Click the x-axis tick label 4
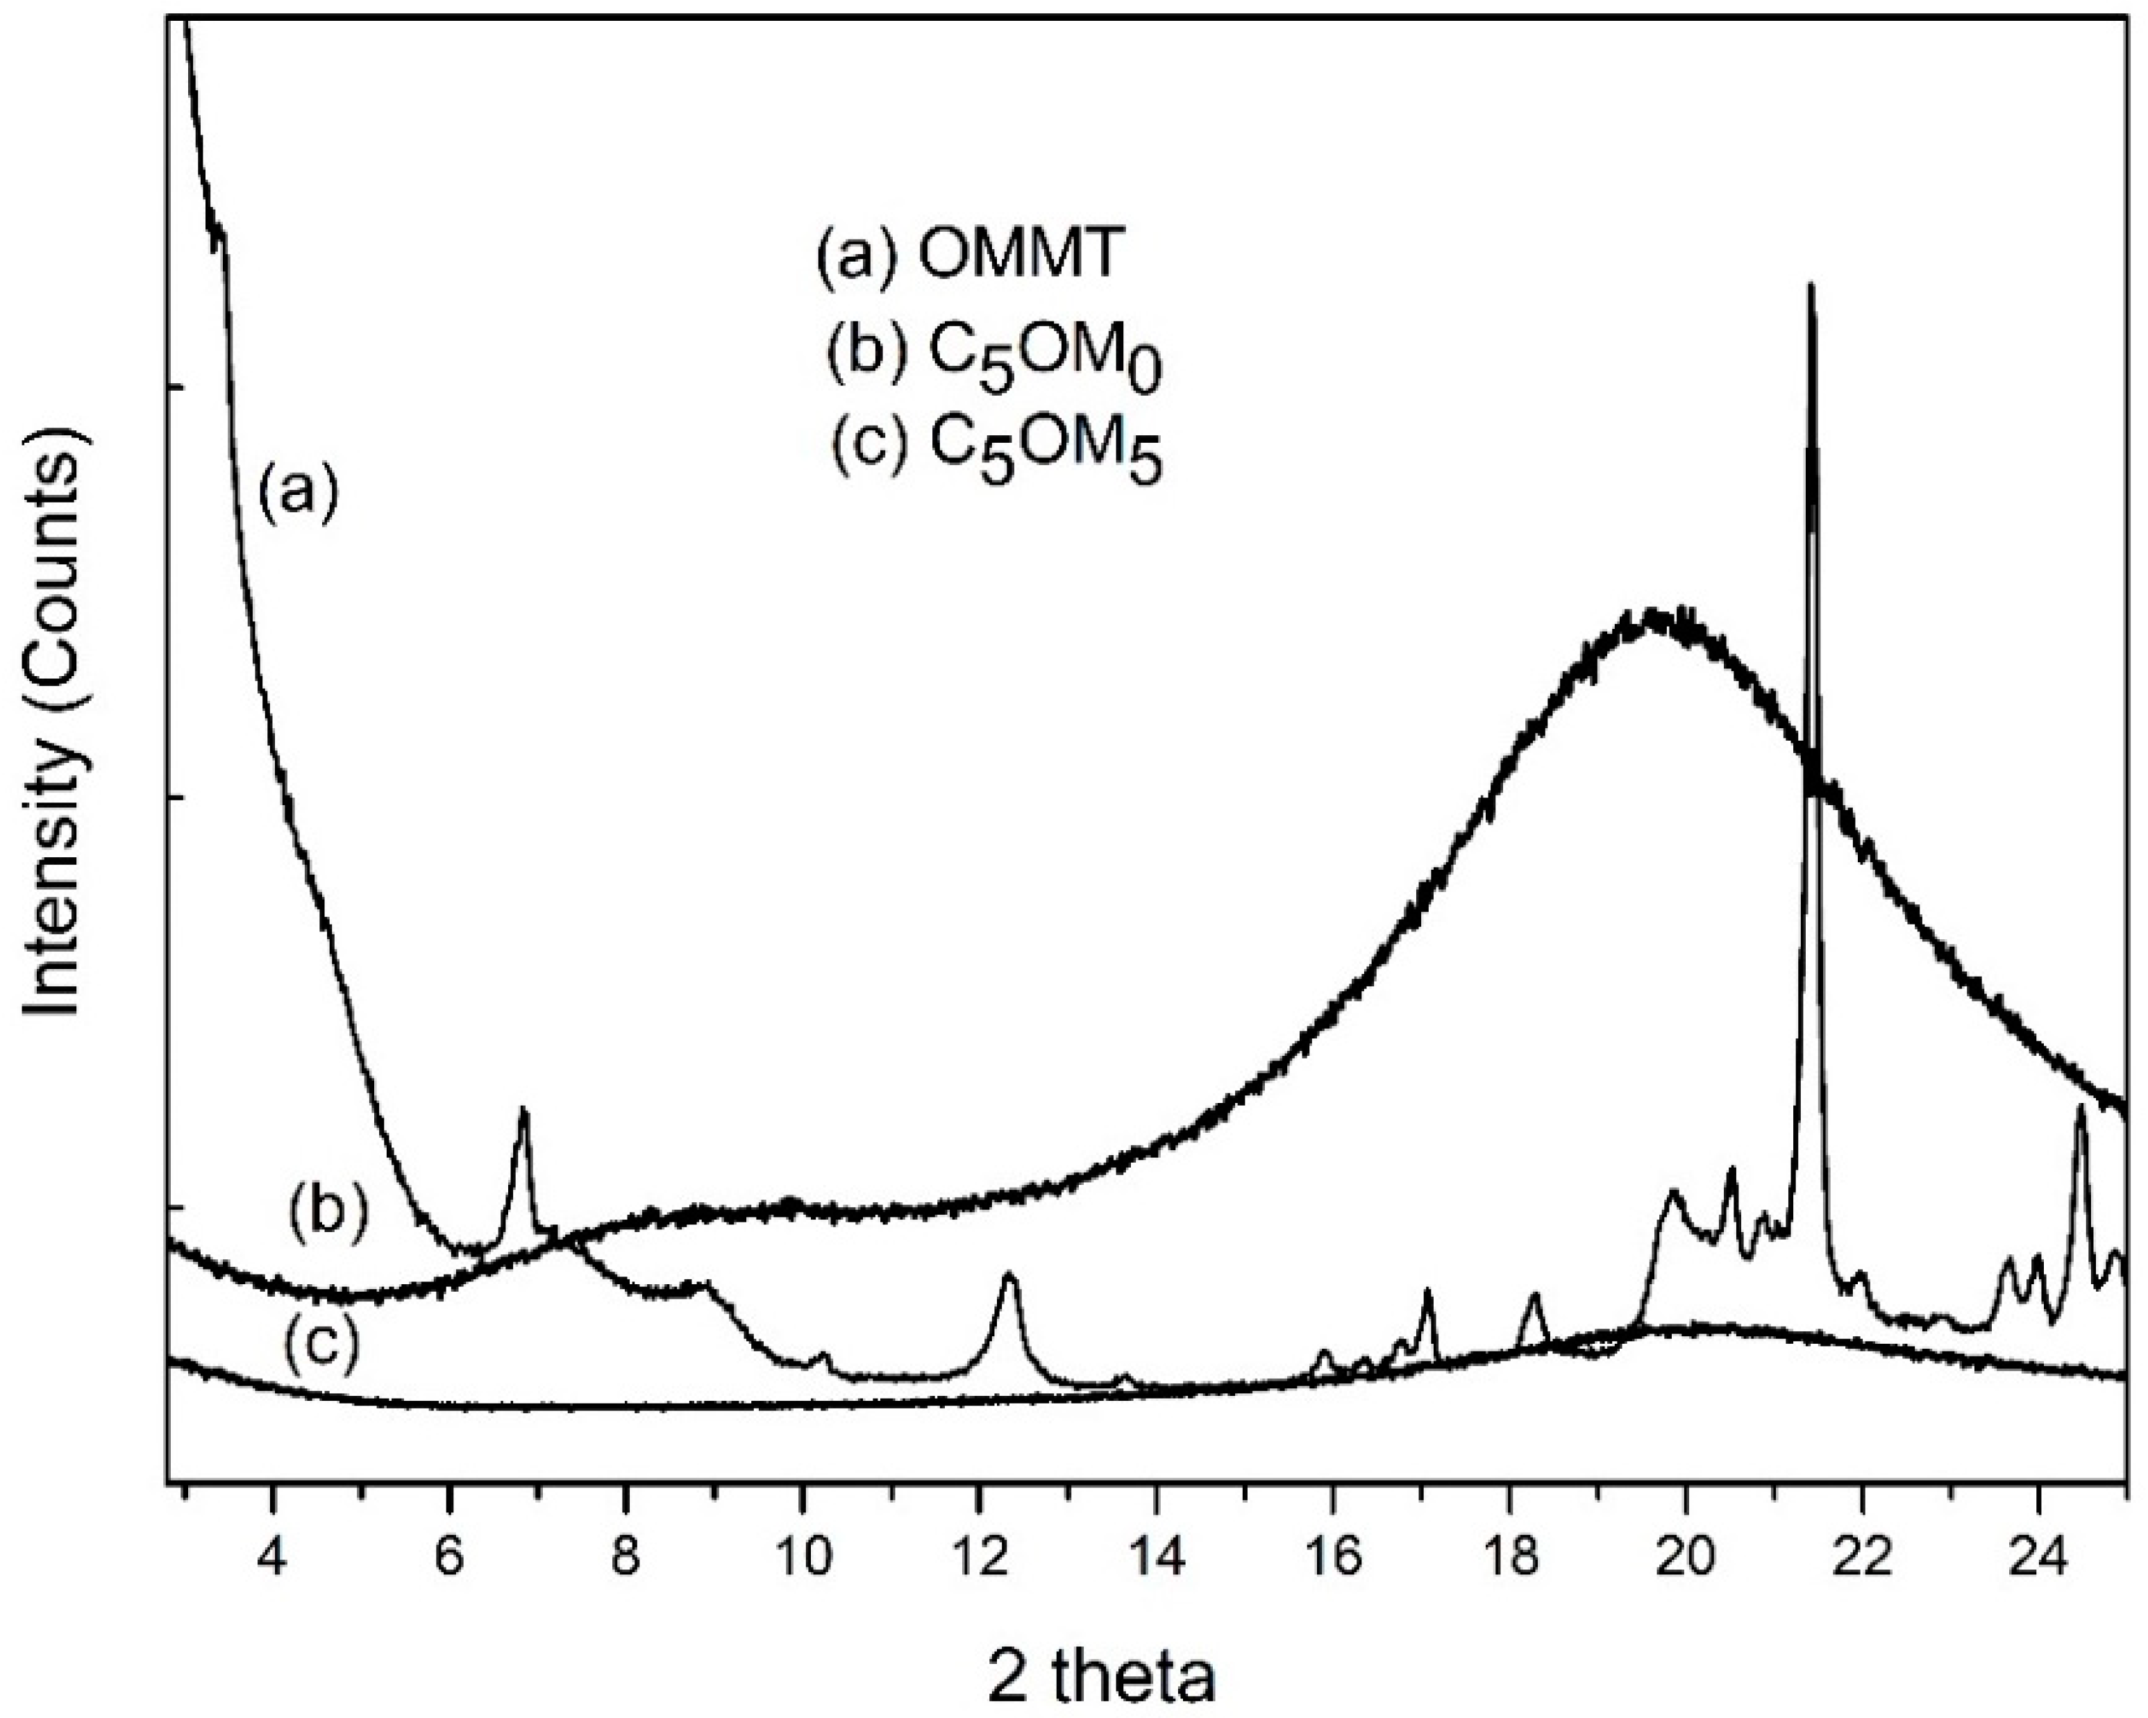(272, 1558)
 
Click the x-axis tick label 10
(802, 1558)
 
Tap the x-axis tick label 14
(1156, 1558)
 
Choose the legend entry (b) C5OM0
(994, 355)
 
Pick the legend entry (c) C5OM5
(997, 449)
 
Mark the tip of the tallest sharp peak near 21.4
(1811, 287)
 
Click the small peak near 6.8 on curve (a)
(523, 1111)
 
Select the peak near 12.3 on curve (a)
(1008, 1276)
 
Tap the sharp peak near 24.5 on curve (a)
(2079, 1107)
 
